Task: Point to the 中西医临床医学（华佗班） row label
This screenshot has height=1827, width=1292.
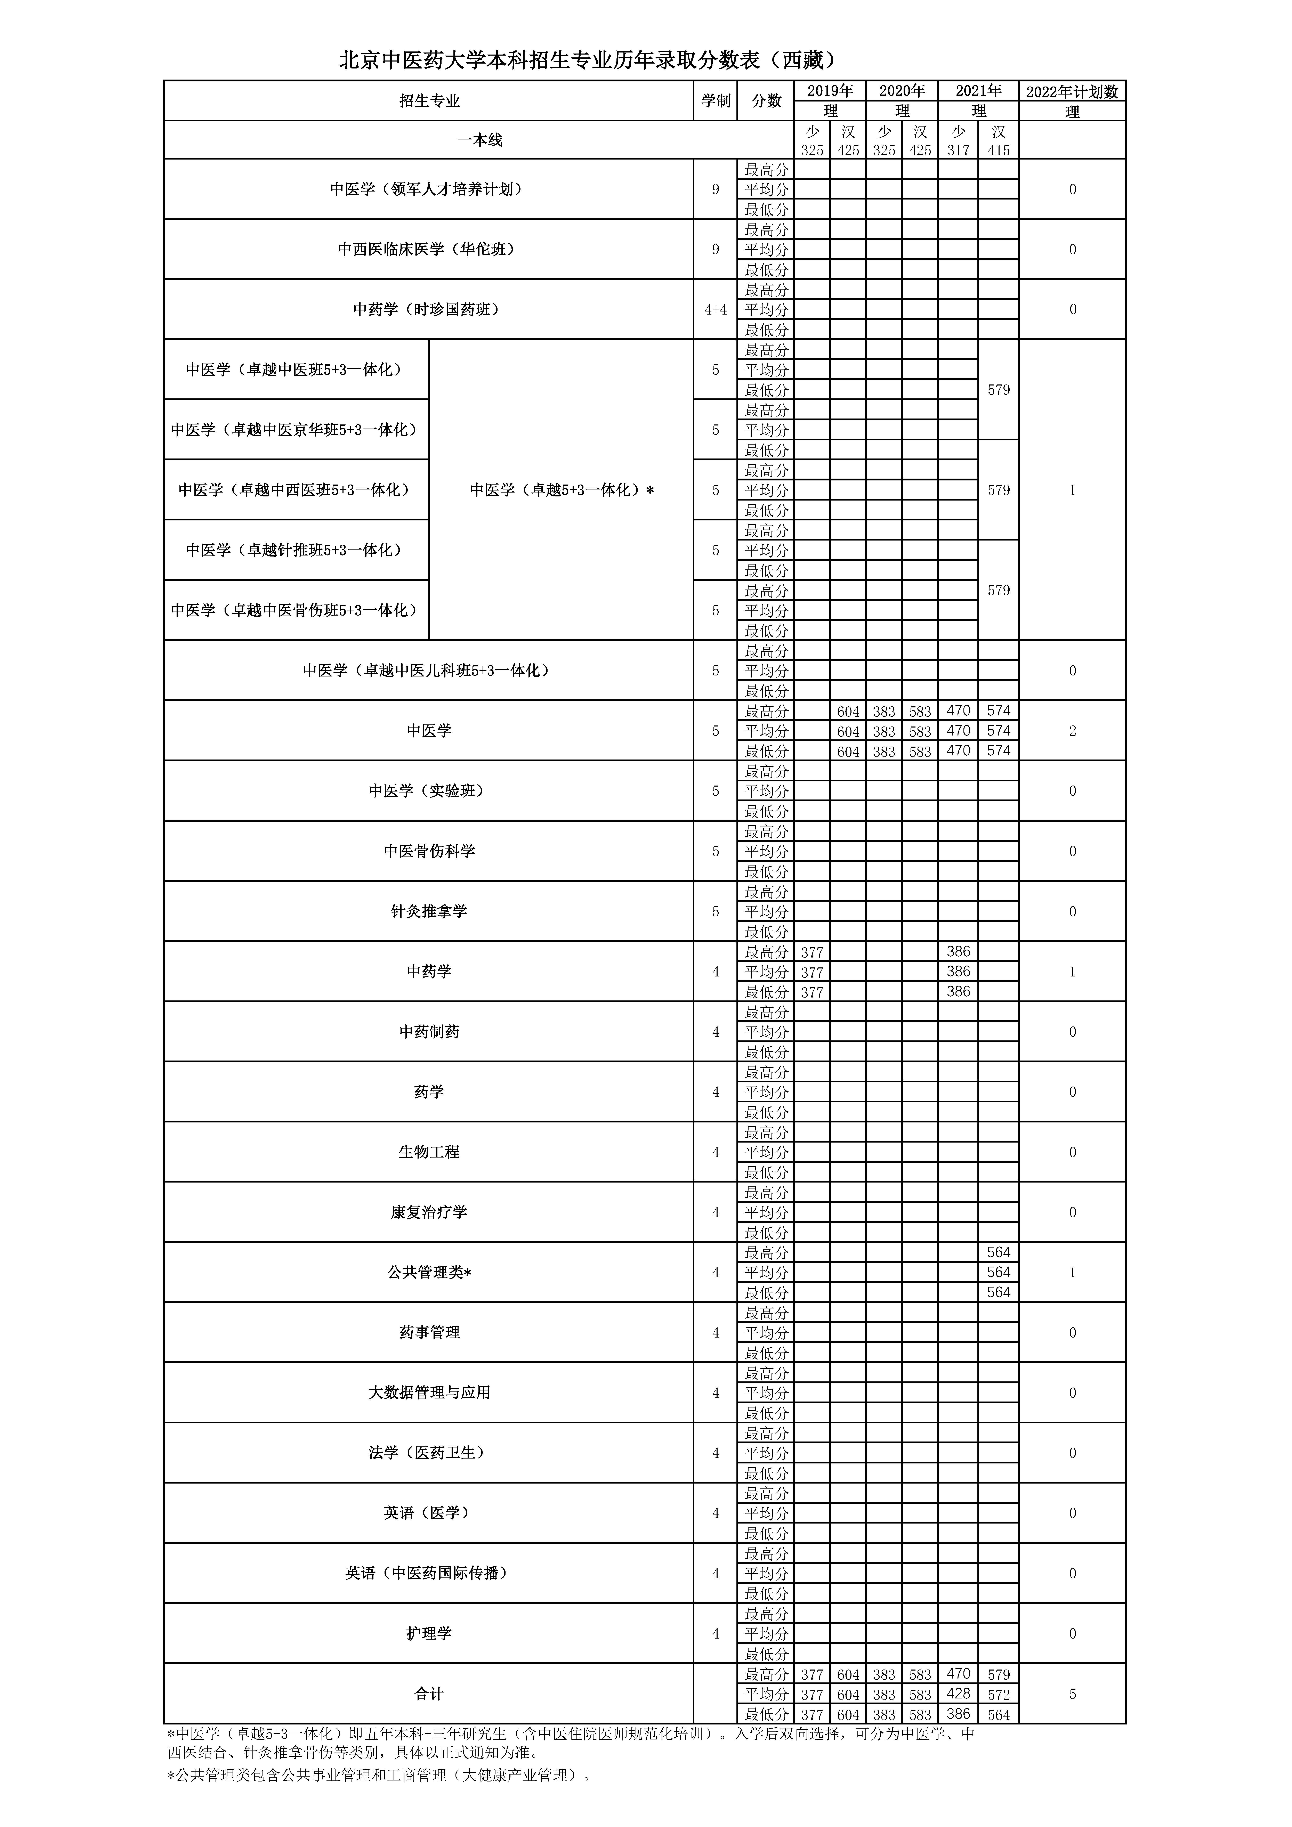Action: (x=428, y=249)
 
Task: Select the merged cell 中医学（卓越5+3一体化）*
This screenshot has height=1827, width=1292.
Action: (x=561, y=490)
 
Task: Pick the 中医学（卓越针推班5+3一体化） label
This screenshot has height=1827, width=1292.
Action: (x=295, y=550)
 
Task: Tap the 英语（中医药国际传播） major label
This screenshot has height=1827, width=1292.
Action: (x=428, y=1573)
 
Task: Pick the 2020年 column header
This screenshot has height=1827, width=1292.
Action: (x=902, y=91)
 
